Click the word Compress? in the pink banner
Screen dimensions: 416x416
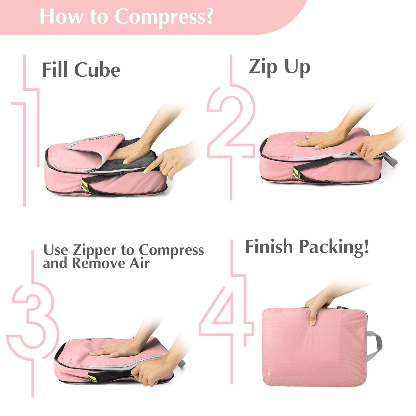click(164, 17)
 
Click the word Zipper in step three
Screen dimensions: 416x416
click(95, 251)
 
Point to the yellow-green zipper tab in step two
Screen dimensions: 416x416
click(296, 173)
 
